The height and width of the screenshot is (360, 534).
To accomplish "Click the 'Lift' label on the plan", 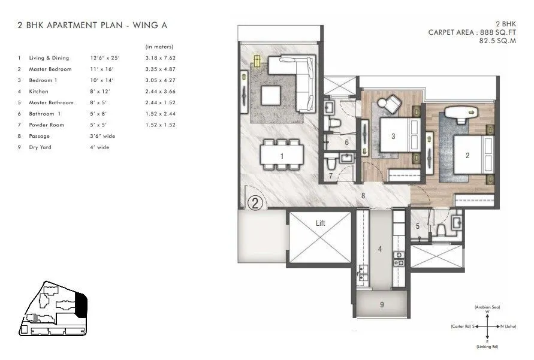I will [x=320, y=223].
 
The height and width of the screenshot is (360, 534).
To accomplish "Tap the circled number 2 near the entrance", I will [x=255, y=202].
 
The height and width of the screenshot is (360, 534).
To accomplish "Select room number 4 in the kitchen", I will [x=379, y=248].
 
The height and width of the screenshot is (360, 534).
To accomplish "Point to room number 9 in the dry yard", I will [x=382, y=305].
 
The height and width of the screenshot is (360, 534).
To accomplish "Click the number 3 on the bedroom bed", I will [x=393, y=136].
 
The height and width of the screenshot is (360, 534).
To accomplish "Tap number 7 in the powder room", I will [x=331, y=176].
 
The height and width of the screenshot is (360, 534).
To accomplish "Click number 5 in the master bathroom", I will [x=418, y=226].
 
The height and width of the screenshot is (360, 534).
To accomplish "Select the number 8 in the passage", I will [x=363, y=195].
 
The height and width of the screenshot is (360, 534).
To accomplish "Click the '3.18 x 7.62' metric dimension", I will [x=161, y=58].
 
